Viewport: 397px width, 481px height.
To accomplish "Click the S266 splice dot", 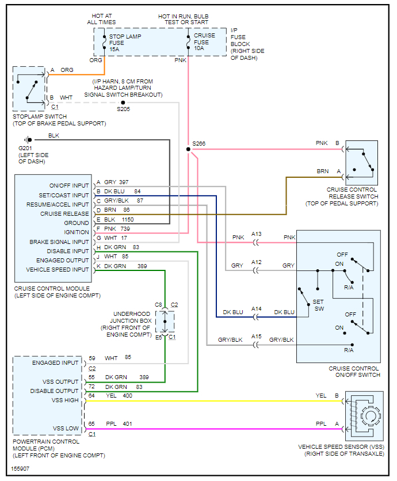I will [x=188, y=150].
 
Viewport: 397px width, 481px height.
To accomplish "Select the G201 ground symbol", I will [x=26, y=140].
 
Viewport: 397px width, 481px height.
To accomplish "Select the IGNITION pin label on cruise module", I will [x=77, y=232].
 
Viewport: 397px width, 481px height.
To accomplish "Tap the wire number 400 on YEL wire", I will [x=127, y=396].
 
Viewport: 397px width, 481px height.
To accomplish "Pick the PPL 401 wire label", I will [x=119, y=424].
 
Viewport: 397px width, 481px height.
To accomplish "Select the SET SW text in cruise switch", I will [x=319, y=305].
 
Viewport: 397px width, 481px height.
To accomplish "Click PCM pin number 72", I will [x=91, y=387].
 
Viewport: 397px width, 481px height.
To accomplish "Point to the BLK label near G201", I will [x=54, y=135].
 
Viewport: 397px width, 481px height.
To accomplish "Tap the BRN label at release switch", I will [x=323, y=171].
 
